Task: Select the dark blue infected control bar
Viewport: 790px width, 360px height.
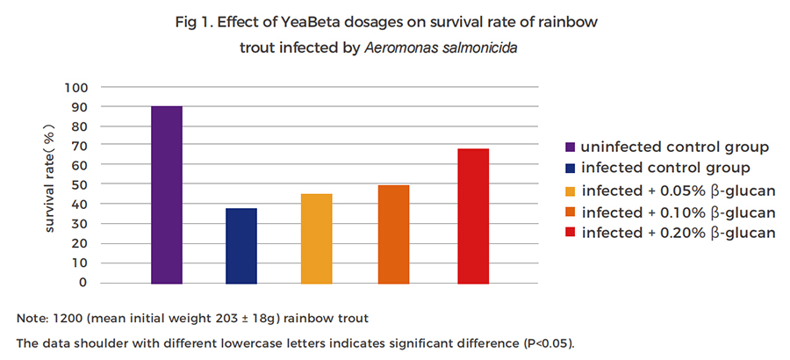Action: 241,246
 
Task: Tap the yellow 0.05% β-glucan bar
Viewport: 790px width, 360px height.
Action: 316,239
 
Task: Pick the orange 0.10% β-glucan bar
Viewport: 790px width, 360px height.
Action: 394,234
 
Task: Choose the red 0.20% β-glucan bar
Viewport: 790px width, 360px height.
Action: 473,216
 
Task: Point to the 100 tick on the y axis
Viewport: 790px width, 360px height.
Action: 76,87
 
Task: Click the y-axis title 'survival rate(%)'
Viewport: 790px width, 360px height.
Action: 50,184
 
